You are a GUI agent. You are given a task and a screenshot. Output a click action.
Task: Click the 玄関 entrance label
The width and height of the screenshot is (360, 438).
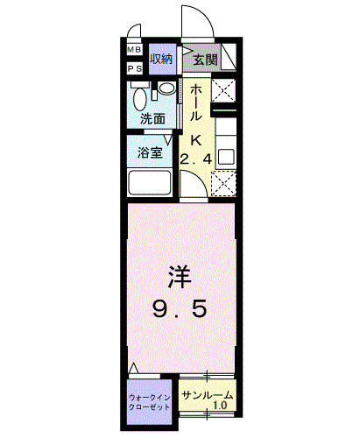[206, 60]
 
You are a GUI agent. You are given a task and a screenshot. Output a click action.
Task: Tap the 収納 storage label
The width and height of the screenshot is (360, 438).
[161, 60]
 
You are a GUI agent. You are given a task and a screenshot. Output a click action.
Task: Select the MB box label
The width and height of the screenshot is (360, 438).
[136, 50]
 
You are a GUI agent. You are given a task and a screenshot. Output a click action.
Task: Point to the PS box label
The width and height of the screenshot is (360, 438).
[136, 67]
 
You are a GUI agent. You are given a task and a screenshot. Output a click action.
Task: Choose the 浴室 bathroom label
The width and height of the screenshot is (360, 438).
[150, 152]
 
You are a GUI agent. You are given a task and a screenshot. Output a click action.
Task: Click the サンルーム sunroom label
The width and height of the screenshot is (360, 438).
[208, 393]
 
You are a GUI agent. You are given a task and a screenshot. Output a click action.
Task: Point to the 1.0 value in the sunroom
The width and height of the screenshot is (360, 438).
[221, 405]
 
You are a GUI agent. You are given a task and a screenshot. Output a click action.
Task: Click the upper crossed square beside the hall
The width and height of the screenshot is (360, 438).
[222, 91]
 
